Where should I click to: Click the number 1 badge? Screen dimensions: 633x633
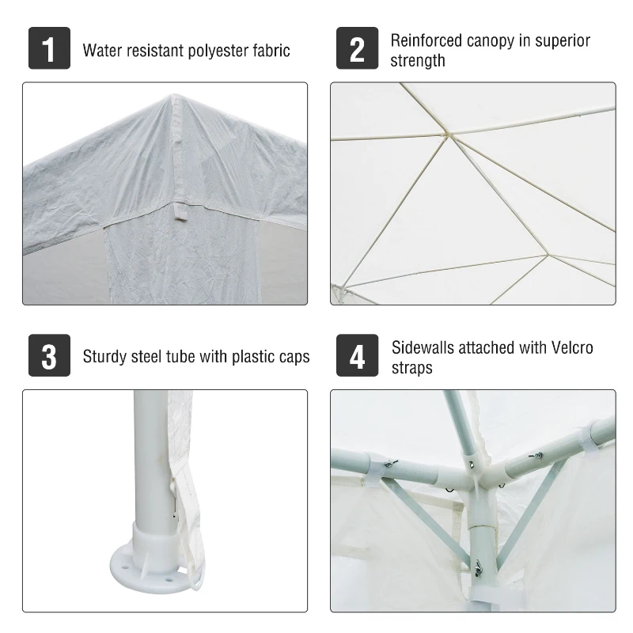click(49, 49)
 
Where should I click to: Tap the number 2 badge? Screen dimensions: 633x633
click(358, 49)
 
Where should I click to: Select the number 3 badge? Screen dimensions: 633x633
click(49, 356)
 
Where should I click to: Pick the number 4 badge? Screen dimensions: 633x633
click(358, 356)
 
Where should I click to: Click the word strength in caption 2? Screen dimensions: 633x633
click(418, 61)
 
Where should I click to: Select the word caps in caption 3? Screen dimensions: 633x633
click(293, 358)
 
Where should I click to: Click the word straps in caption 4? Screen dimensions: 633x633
click(412, 368)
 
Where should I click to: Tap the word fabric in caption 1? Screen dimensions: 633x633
click(270, 51)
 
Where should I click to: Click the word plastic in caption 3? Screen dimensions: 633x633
click(255, 357)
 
